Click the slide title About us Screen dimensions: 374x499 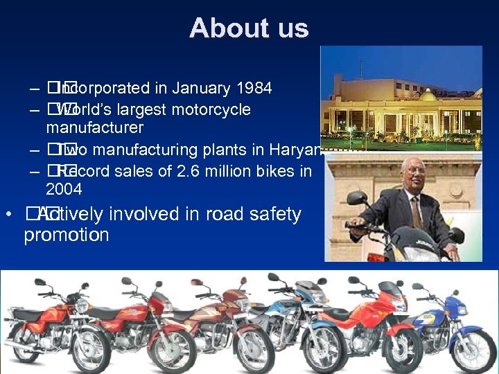coord(248,28)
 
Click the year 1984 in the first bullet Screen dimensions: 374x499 coord(252,89)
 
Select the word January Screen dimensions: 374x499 coord(201,89)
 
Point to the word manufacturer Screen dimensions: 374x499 coord(94,128)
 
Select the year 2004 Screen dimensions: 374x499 coord(64,189)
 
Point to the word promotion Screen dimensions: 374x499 coord(66,235)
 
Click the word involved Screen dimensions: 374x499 coord(143,215)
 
